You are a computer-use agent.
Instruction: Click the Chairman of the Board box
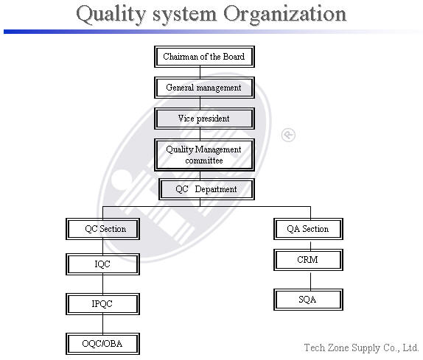[x=204, y=57]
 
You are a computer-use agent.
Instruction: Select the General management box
[x=204, y=88]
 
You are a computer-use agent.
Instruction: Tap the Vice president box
[x=204, y=119]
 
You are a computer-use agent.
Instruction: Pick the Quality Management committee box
[x=204, y=155]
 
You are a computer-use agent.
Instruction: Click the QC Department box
[x=206, y=189]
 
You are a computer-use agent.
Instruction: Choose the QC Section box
[x=102, y=229]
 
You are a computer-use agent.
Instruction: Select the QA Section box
[x=308, y=229]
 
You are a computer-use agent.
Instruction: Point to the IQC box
[x=102, y=264]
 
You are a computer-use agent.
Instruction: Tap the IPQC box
[x=102, y=304]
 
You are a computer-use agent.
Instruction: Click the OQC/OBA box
[x=102, y=344]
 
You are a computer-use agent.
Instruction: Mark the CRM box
[x=308, y=260]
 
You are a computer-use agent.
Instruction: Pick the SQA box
[x=308, y=300]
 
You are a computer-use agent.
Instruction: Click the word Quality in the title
[x=111, y=14]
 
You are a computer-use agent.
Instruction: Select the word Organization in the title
[x=285, y=15]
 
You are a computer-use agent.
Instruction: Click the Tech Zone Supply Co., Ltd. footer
[x=361, y=347]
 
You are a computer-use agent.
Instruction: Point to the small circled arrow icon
[x=288, y=135]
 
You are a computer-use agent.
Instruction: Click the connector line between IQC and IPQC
[x=102, y=284]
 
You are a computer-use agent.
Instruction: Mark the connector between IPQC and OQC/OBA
[x=102, y=324]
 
